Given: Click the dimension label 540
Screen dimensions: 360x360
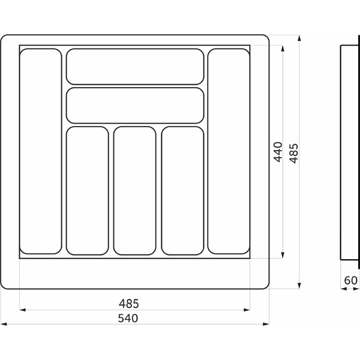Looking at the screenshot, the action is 128,318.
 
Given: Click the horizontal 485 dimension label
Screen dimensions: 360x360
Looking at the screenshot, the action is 129,304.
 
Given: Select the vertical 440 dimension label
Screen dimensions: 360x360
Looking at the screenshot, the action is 278,152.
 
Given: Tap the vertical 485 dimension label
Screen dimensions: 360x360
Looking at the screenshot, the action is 293,154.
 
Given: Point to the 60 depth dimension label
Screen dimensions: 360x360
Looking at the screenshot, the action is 351,280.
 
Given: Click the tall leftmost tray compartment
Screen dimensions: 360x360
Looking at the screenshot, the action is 41,151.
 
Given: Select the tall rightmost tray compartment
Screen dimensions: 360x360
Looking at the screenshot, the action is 229,151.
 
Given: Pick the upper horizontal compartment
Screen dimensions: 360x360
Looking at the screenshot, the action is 135,67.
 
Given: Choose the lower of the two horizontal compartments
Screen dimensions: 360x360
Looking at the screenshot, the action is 135,106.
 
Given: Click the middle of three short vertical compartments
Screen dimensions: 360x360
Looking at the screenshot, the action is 135,191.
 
